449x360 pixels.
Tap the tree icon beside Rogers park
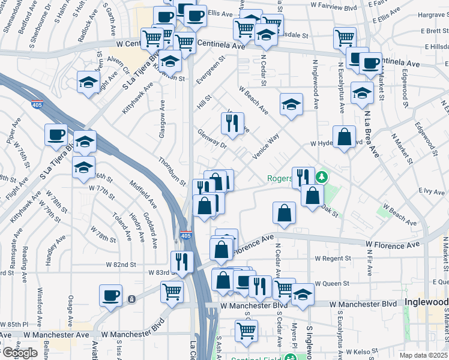coord(322,177)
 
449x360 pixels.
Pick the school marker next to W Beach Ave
coord(291,105)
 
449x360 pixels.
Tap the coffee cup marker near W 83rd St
coord(111,295)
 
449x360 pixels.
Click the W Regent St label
coord(333,258)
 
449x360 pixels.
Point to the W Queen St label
coord(333,283)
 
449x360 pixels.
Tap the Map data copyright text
coord(424,355)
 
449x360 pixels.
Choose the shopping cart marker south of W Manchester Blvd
coord(246,330)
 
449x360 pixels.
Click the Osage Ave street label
coord(71,310)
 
